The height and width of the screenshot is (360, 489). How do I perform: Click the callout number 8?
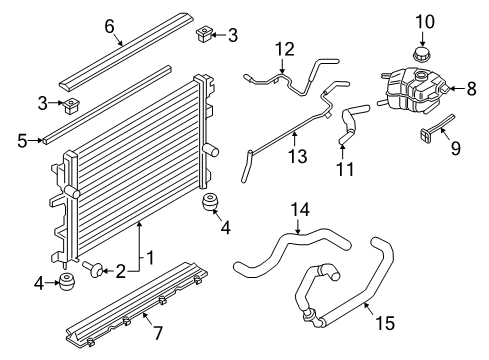pos(472,89)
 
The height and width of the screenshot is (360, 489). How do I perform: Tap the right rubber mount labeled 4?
pos(212,204)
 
